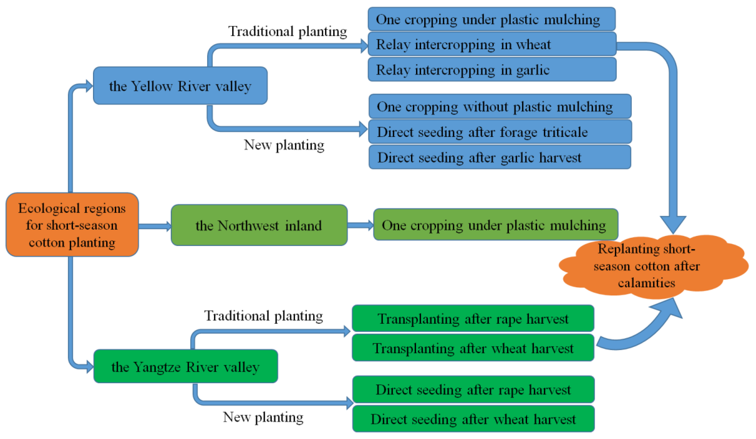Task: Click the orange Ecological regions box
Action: (x=72, y=225)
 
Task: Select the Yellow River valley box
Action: (x=180, y=86)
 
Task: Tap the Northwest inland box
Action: (x=259, y=225)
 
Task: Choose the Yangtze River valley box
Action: (x=185, y=366)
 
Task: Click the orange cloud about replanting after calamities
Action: (x=651, y=266)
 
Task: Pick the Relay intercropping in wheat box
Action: (x=492, y=44)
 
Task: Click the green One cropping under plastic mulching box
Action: (x=495, y=225)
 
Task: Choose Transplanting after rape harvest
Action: (x=473, y=319)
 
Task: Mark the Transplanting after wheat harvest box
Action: (x=473, y=348)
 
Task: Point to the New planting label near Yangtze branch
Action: (x=263, y=417)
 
